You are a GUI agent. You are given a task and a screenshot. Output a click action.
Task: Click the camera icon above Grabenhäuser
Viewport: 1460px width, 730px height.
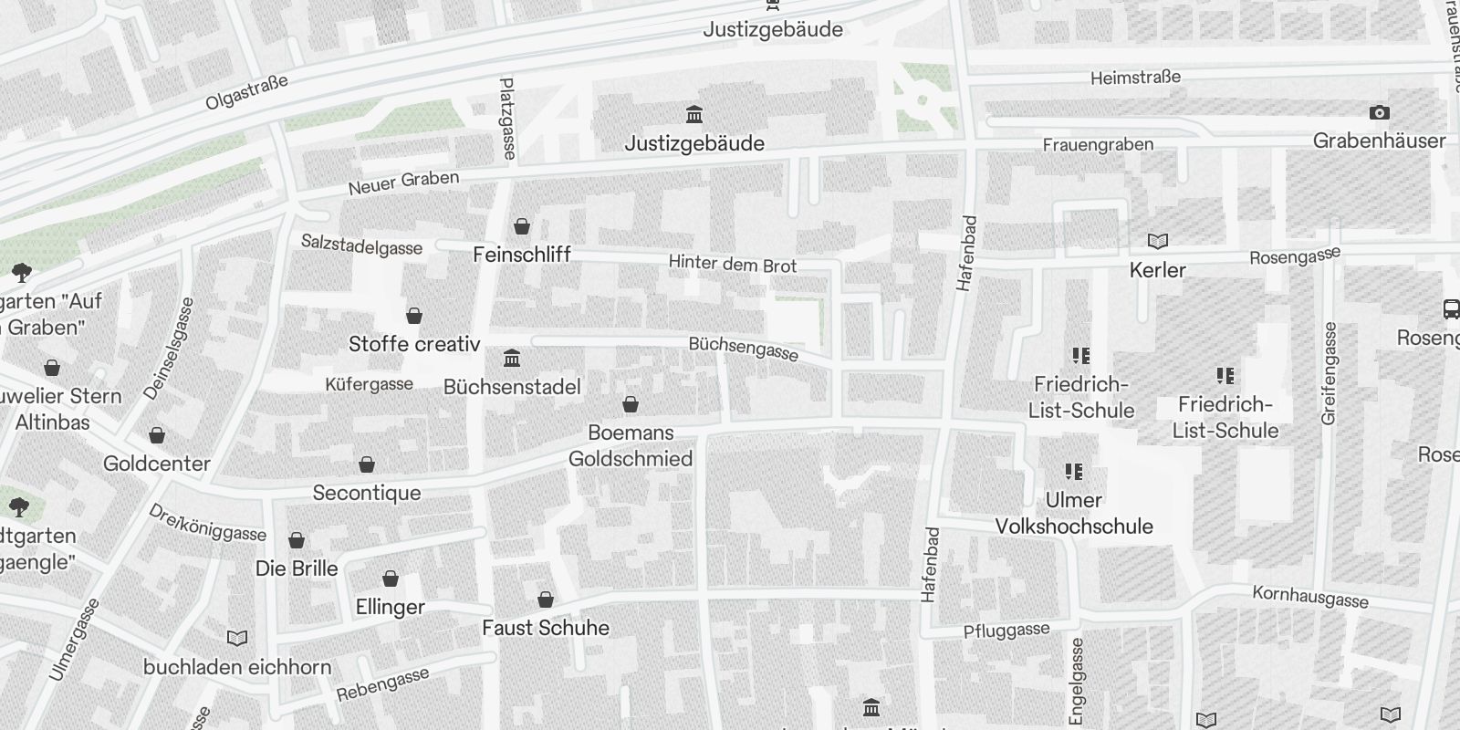[x=1379, y=113]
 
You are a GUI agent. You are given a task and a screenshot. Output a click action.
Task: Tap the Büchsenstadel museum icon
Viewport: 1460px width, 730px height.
[x=512, y=358]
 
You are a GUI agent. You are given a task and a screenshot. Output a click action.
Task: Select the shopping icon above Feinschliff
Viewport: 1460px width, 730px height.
[x=522, y=225]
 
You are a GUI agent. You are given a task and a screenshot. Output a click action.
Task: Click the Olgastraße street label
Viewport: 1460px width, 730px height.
[x=246, y=92]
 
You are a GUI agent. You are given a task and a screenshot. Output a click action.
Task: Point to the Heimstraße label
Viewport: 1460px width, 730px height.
[x=1135, y=78]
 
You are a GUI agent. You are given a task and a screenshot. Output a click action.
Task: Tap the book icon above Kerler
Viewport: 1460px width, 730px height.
[x=1157, y=241]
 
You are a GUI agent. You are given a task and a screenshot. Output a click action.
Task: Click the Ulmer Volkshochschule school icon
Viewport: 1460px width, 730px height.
[x=1074, y=472]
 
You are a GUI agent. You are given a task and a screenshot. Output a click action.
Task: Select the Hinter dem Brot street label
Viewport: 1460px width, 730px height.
[x=733, y=265]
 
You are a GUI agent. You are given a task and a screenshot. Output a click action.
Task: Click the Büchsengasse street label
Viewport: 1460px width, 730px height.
[x=744, y=349]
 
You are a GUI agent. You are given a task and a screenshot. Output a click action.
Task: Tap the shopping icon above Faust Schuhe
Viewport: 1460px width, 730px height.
[x=546, y=600]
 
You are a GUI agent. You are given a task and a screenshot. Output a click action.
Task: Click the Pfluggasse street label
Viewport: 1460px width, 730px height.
[x=1006, y=631]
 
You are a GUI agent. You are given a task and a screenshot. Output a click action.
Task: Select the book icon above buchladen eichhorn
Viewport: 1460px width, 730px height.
[x=236, y=638]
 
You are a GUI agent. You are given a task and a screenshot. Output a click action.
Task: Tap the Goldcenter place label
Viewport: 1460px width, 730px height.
[x=157, y=464]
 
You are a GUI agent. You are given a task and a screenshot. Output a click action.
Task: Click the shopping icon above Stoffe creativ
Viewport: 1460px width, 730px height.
[x=414, y=316]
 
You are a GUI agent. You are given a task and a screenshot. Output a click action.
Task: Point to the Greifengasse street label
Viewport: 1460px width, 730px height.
[x=1329, y=372]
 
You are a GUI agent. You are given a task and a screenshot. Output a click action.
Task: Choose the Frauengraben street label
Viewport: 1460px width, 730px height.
[x=1098, y=144]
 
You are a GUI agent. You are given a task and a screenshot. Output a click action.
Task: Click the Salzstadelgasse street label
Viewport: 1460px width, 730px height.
[x=361, y=245]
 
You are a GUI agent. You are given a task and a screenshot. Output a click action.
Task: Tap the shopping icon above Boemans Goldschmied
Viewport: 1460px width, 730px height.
[x=631, y=404]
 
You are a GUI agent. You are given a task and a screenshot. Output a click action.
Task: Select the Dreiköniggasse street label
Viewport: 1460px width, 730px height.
[x=208, y=523]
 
